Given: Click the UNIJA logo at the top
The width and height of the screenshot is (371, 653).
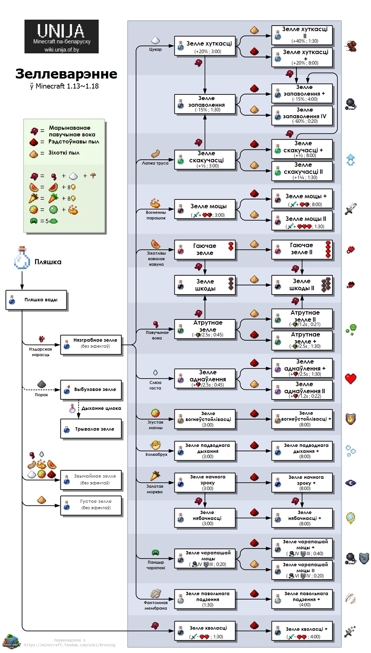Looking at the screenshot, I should (x=61, y=36).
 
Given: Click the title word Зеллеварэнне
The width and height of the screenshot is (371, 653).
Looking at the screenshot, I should (x=66, y=74).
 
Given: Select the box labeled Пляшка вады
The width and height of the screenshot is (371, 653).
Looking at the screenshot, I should (x=36, y=300).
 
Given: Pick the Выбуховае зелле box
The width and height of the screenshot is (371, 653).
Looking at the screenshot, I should (x=91, y=390).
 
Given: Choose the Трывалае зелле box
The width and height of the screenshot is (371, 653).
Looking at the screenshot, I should (x=91, y=429).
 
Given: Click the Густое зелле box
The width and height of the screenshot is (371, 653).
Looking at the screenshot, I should (x=91, y=505).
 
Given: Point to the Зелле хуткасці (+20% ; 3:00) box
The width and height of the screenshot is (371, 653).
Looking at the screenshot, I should (x=205, y=46).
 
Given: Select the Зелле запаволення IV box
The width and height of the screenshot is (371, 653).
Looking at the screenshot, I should (x=302, y=116).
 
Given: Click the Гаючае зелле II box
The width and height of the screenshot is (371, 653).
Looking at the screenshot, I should (x=302, y=249).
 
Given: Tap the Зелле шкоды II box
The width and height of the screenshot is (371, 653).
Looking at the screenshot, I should (x=302, y=285).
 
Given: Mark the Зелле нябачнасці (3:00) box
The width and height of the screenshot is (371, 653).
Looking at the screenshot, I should (x=205, y=518).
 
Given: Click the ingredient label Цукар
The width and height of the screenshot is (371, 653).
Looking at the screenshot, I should (x=155, y=49).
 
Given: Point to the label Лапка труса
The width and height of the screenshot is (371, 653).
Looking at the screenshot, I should (x=155, y=163).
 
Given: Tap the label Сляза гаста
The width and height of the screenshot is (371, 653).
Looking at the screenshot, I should (x=155, y=385).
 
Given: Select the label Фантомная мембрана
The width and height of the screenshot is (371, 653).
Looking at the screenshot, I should (x=156, y=605).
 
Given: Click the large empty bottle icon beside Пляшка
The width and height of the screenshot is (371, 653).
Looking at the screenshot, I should (x=22, y=258).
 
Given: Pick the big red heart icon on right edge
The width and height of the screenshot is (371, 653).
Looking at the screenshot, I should (x=351, y=379).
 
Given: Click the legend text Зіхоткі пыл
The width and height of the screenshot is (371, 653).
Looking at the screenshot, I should (x=64, y=153).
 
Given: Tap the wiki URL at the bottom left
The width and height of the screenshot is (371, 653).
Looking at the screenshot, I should (x=70, y=645).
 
